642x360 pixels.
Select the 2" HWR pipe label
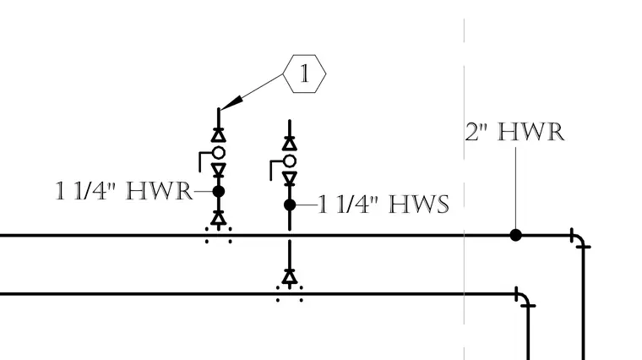pos(514,133)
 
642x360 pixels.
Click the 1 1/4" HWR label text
pos(123,191)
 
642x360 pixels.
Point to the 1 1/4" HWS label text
pos(384,205)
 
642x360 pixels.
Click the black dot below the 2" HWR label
pos(515,235)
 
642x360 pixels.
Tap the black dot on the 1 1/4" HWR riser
pos(219,191)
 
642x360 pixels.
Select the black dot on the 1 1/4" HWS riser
pos(290,205)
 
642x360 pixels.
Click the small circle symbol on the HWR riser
pos(219,153)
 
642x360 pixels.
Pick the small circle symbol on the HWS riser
pos(290,161)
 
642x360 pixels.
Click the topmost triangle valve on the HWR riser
pos(219,135)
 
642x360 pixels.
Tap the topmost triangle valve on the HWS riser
pos(290,144)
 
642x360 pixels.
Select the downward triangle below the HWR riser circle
pos(219,170)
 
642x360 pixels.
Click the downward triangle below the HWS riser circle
pos(290,178)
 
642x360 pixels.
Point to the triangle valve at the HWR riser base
pos(219,218)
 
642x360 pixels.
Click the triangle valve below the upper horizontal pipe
pos(290,277)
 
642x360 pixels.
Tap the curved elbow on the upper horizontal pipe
pos(579,239)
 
